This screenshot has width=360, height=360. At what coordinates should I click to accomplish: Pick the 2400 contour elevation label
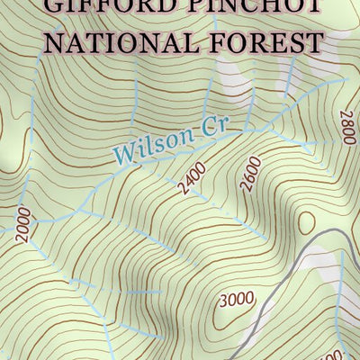point(192,178)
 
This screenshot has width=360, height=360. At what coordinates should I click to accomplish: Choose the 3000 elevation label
point(237,299)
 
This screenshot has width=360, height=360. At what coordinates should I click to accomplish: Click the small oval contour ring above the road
point(306,221)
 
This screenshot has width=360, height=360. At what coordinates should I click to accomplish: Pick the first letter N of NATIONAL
point(55,41)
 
